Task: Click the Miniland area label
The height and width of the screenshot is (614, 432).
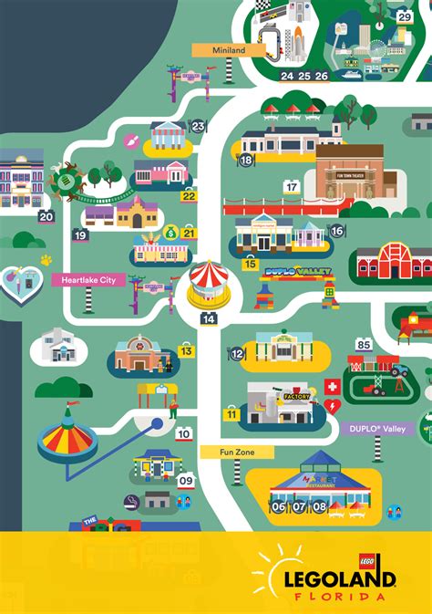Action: (229, 50)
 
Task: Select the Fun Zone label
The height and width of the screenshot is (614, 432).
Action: (235, 452)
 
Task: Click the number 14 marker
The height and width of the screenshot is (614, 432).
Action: (210, 318)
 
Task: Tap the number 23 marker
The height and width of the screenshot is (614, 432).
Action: (198, 127)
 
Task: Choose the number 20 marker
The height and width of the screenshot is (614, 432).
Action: (46, 216)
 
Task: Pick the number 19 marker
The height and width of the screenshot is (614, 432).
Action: (80, 235)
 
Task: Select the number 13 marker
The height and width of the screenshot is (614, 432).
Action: (187, 350)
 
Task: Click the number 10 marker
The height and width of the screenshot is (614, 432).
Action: (184, 434)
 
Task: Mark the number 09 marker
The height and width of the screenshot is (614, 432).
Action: (186, 480)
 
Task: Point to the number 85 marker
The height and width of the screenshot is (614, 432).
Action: (365, 344)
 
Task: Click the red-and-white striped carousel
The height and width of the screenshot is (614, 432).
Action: (209, 282)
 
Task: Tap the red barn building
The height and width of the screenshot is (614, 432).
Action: (393, 263)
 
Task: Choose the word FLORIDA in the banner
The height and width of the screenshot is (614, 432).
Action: (349, 597)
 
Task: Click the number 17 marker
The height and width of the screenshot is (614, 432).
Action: (292, 187)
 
